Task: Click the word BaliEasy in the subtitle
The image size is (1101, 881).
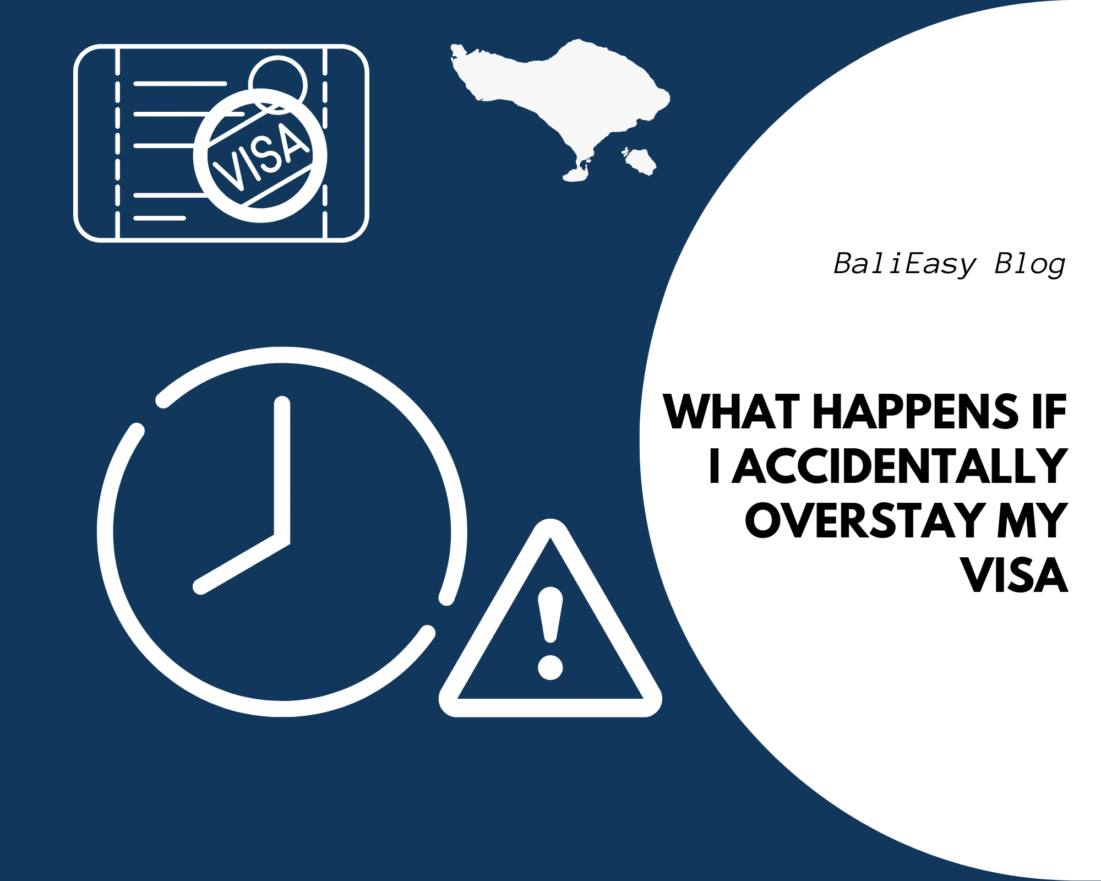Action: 904,265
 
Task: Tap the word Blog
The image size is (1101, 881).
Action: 1030,265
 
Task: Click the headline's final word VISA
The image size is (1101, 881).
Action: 1015,575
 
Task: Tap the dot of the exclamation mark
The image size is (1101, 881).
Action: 550,666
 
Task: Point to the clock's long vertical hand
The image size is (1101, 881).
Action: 282,468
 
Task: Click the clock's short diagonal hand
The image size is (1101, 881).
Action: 242,564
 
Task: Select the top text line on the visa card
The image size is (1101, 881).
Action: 180,84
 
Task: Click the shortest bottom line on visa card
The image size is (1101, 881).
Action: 160,218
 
